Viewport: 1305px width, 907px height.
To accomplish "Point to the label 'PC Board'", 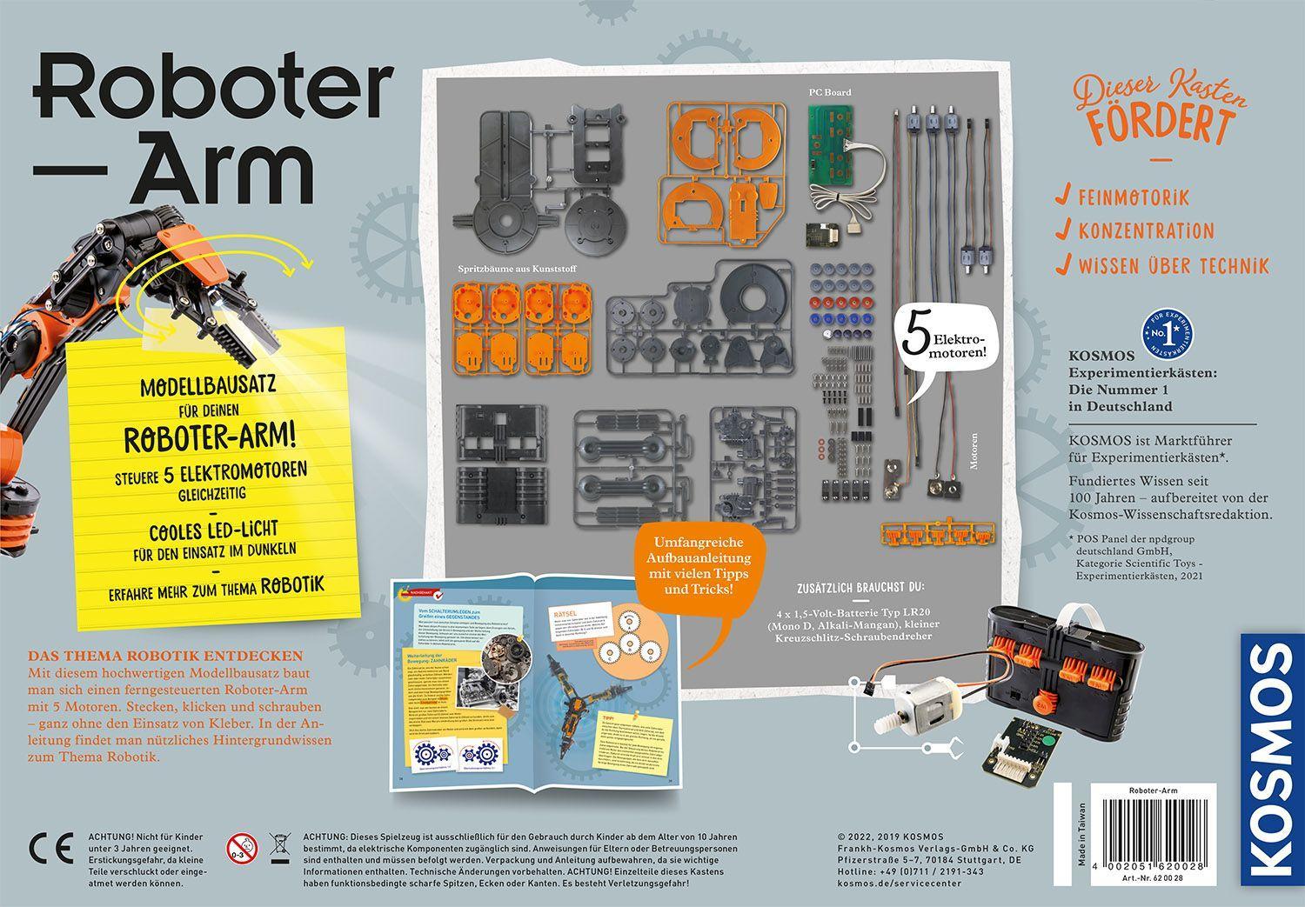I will coord(826,91).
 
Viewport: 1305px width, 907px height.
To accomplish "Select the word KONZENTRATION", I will coord(1146,231).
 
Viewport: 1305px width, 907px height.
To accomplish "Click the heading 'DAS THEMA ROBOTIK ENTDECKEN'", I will coord(165,655).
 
